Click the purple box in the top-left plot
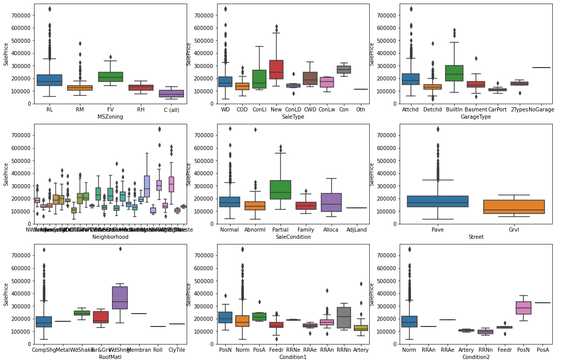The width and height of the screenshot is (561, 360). (171, 93)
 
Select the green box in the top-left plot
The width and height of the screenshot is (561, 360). (110, 77)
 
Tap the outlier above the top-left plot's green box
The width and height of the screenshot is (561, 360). (110, 57)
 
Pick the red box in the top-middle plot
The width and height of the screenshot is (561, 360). (276, 70)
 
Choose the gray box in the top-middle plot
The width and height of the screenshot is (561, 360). (344, 70)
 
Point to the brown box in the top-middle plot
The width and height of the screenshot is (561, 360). (310, 78)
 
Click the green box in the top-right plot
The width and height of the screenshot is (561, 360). (454, 73)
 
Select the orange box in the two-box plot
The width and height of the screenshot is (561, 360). (514, 207)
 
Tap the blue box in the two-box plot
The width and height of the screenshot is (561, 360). (438, 202)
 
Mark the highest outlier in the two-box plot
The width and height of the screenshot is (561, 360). (438, 129)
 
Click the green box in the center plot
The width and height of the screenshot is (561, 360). (280, 190)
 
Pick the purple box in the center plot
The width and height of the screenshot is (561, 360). (331, 202)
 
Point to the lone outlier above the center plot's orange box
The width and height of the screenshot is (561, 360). (255, 129)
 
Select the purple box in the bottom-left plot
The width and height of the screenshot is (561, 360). (120, 298)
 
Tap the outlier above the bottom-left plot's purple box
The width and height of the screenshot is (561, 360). (120, 249)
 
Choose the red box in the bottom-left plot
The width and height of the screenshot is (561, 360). (101, 317)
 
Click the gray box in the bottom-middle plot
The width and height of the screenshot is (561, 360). (344, 318)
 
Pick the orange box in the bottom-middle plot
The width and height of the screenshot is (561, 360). (242, 321)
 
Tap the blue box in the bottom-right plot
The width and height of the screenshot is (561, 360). (409, 321)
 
